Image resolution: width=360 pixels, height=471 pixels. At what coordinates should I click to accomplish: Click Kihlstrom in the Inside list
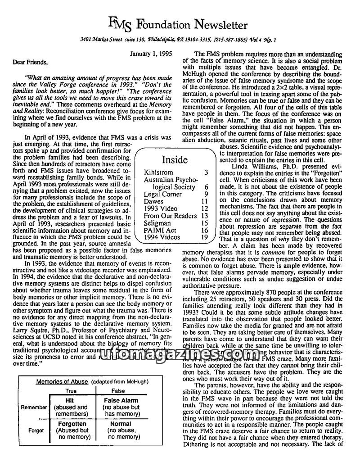(x=159, y=172)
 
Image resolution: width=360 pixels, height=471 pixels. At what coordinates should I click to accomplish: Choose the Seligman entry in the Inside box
(x=157, y=223)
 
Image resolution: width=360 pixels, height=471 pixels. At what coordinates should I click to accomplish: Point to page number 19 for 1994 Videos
(x=204, y=237)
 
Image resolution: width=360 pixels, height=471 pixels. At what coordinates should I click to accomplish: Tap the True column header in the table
(x=71, y=391)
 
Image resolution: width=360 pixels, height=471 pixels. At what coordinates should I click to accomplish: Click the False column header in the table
(x=118, y=391)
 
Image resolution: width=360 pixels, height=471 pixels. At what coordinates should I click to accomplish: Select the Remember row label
(x=33, y=408)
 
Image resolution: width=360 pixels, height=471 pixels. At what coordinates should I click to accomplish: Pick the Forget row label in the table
(x=36, y=430)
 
